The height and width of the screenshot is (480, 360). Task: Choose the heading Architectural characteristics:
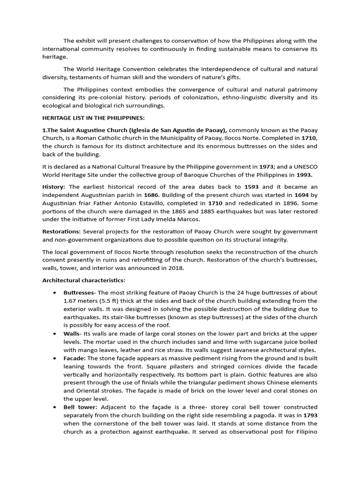coord(84,280)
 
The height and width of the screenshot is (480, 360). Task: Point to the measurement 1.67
coord(71,300)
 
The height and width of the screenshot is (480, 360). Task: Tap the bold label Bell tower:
coord(79,407)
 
